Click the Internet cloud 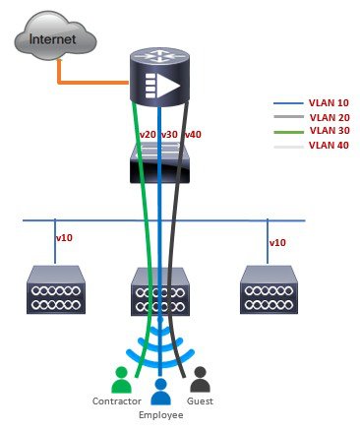[x=55, y=36]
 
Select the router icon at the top [x=159, y=78]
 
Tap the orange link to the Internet [x=86, y=83]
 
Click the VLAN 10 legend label [x=329, y=102]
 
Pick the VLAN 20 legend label [x=330, y=117]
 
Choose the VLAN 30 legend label [x=330, y=130]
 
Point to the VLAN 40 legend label [x=329, y=145]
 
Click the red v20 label [x=148, y=135]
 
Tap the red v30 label [x=169, y=135]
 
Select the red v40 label [x=193, y=135]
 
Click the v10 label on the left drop [x=64, y=238]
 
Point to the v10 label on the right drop [x=277, y=243]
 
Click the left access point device [x=56, y=290]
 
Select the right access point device [x=269, y=290]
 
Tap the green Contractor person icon [x=121, y=380]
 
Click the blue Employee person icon [x=160, y=392]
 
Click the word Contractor [x=117, y=401]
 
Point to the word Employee [x=161, y=415]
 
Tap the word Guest [x=200, y=401]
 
